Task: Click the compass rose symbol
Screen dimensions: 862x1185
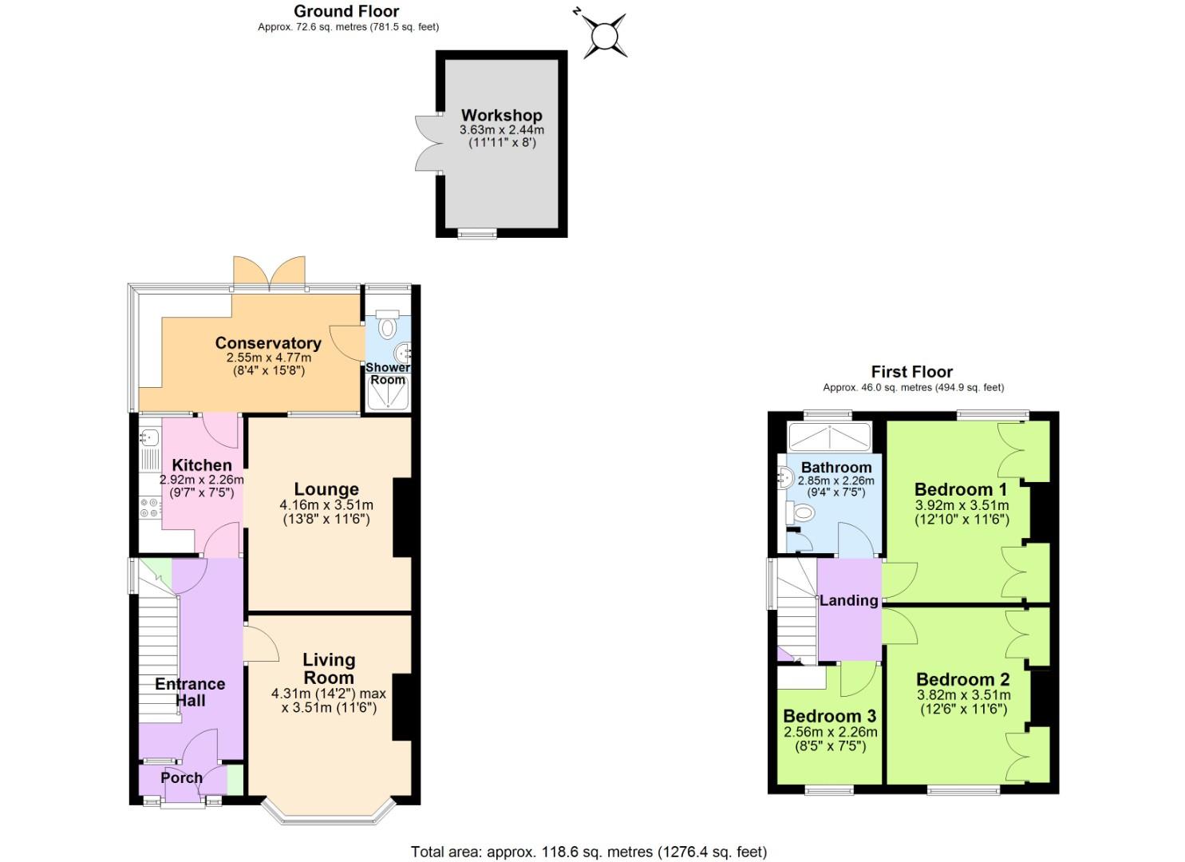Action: point(604,36)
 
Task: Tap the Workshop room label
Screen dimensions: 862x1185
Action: point(501,115)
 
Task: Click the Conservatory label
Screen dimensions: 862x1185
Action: point(268,343)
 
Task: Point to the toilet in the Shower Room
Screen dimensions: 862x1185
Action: point(388,327)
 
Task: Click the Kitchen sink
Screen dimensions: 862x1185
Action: point(149,437)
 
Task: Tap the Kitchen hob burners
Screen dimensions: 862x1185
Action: point(149,507)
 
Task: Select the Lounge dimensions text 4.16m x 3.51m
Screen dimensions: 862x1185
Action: point(326,504)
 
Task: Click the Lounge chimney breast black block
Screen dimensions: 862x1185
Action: point(402,517)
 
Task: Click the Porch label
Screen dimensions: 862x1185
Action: point(181,777)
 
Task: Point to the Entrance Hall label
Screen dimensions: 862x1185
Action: point(190,692)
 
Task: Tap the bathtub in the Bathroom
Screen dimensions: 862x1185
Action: point(828,437)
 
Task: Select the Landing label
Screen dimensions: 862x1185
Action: point(848,600)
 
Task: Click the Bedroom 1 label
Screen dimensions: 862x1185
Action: point(961,489)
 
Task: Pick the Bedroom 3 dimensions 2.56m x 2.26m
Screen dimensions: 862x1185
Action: point(830,732)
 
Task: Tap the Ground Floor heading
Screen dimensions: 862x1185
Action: point(346,11)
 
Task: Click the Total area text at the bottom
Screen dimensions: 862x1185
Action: point(589,852)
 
